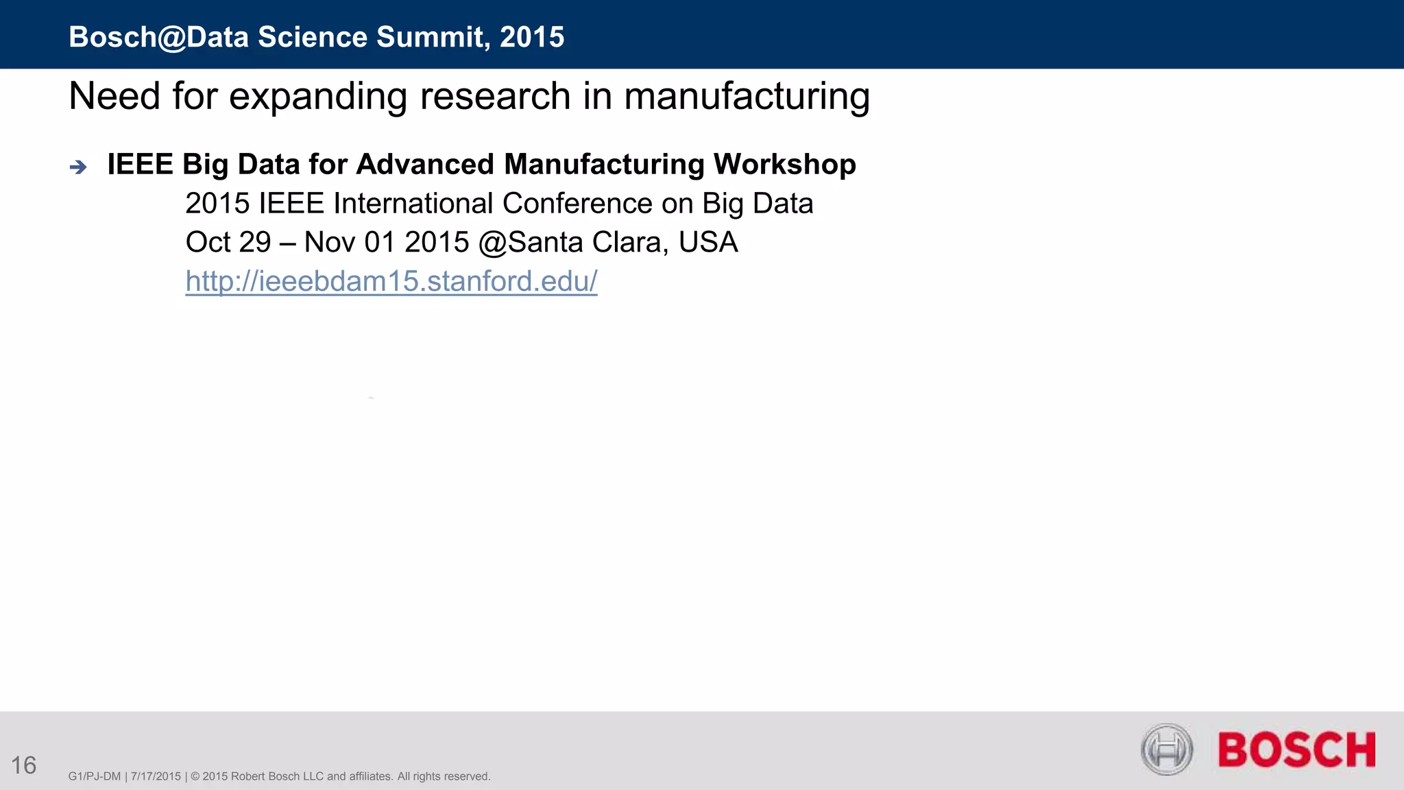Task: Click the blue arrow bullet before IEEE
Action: [78, 167]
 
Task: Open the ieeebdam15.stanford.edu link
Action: [391, 281]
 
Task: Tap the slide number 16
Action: [24, 765]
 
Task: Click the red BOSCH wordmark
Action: [1296, 750]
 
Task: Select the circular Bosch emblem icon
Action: [1167, 750]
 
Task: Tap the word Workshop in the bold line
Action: [784, 165]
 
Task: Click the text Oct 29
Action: [228, 242]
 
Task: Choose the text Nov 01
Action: [350, 242]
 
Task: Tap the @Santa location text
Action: [531, 242]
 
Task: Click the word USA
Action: [708, 242]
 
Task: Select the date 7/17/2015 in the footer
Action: [156, 776]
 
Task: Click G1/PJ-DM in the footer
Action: [95, 776]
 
